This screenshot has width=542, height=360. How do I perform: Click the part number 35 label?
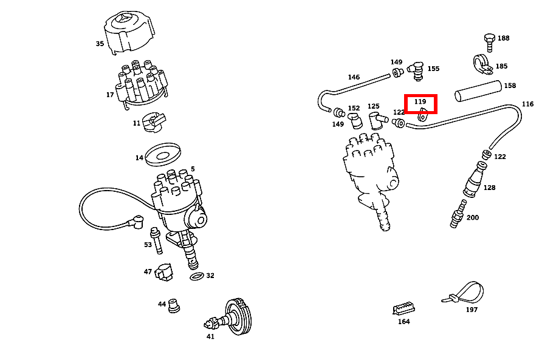tap(100, 44)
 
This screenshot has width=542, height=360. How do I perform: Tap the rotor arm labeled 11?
tap(151, 122)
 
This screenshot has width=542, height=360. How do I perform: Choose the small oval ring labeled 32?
tap(197, 276)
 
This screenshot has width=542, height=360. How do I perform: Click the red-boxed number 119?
tap(420, 102)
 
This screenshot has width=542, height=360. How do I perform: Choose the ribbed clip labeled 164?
tap(403, 308)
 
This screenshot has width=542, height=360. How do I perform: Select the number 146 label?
tap(354, 78)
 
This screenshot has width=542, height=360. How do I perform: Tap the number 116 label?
tap(527, 104)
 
